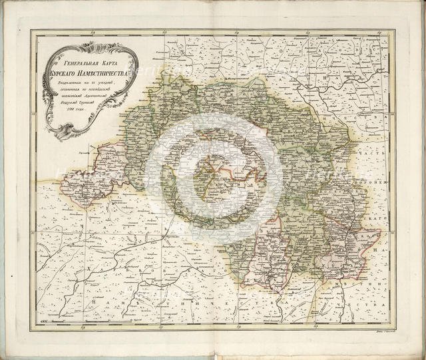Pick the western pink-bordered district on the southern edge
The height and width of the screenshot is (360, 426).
(x=266, y=256)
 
